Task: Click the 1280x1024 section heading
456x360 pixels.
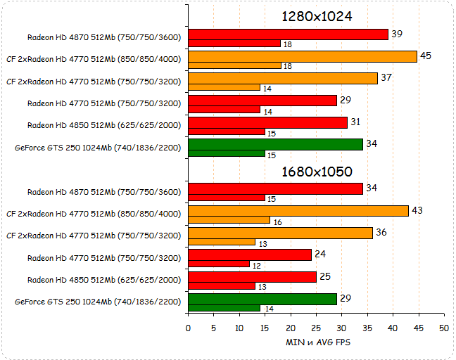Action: click(x=316, y=17)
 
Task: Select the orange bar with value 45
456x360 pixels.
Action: click(x=303, y=56)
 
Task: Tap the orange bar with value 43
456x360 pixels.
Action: click(x=298, y=211)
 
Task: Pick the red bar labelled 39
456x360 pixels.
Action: click(x=288, y=34)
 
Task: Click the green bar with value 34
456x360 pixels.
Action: click(x=275, y=144)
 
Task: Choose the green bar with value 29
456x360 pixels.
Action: click(x=262, y=299)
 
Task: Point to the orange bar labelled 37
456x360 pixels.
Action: click(x=283, y=78)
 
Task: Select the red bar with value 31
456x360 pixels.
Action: click(x=267, y=122)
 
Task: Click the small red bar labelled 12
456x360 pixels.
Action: click(x=219, y=264)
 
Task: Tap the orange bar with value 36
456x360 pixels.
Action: click(x=280, y=233)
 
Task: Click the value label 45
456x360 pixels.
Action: click(x=426, y=56)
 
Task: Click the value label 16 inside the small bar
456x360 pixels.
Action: click(x=278, y=221)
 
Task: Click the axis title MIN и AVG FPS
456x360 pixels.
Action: click(x=318, y=342)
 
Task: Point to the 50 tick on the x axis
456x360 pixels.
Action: click(x=443, y=328)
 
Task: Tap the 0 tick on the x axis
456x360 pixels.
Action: click(x=188, y=328)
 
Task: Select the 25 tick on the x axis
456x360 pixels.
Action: click(x=316, y=328)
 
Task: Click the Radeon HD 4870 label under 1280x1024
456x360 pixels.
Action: click(x=103, y=39)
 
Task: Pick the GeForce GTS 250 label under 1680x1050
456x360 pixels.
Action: click(x=98, y=302)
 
